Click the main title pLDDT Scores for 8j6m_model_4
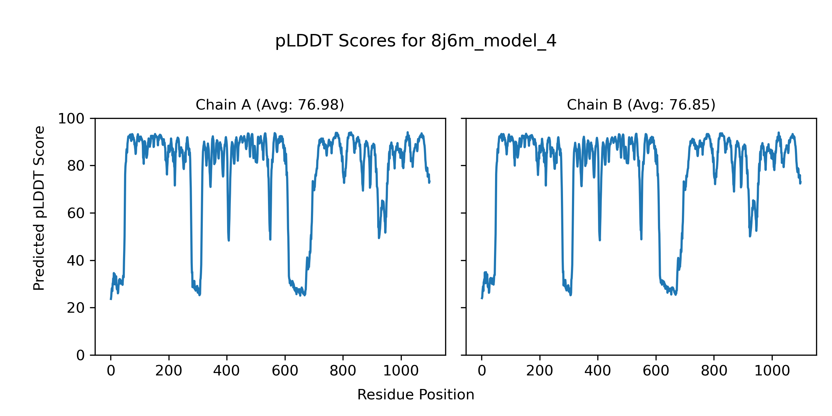pos(416,41)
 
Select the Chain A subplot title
pos(270,105)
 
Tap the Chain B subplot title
pos(641,105)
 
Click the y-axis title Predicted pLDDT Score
pos(39,208)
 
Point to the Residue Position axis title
pos(416,395)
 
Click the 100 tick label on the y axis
pos(71,119)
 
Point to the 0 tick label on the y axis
pos(80,355)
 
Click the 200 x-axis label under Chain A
pos(169,371)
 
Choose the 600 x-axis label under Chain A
pos(285,371)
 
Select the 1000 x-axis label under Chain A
pos(401,371)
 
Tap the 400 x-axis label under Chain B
pos(598,371)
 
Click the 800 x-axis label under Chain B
pos(714,371)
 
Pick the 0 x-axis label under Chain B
pos(482,371)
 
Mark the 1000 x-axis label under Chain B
pos(772,371)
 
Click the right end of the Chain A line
pos(430,181)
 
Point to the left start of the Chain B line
pos(482,298)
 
